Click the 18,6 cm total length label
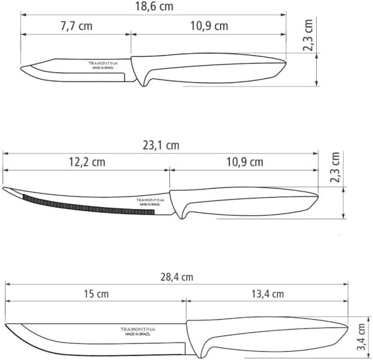tap(154, 7)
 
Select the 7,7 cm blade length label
tap(77, 26)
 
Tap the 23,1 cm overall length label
tap(161, 145)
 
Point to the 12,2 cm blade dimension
tap(87, 162)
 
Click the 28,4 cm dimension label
tap(177, 277)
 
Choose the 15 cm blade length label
tap(97, 294)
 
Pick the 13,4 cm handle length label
tap(268, 294)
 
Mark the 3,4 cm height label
tap(361, 337)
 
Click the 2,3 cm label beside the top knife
tap(308, 35)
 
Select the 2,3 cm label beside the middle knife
tap(335, 167)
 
